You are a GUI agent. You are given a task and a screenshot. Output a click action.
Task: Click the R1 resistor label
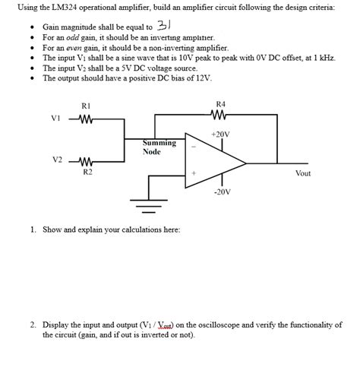(x=86, y=106)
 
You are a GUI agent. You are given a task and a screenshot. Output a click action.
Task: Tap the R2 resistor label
(x=87, y=173)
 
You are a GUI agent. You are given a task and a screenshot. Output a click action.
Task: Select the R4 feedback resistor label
(x=221, y=104)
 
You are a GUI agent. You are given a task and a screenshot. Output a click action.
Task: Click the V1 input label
(x=55, y=118)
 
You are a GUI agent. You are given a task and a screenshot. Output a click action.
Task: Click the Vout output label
(x=302, y=173)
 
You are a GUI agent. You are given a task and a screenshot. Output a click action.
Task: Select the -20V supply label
(x=221, y=192)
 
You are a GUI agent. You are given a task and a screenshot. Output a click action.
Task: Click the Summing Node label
(x=159, y=147)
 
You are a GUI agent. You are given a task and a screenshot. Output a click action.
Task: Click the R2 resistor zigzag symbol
(x=86, y=161)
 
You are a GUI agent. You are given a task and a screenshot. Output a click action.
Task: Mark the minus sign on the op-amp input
(x=194, y=147)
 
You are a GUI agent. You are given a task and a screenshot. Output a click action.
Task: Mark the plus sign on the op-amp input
(x=194, y=175)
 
